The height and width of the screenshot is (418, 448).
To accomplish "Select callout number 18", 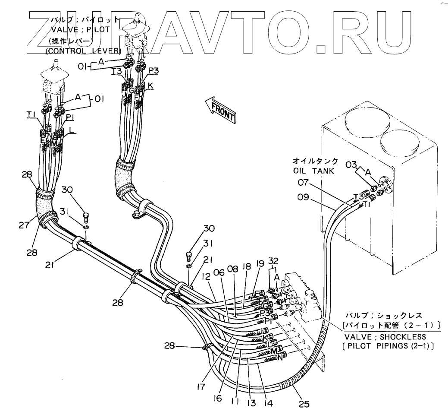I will click(x=247, y=267).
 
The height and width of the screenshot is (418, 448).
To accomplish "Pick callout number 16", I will click(x=218, y=399).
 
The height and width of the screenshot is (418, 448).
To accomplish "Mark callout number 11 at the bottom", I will click(x=235, y=401).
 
